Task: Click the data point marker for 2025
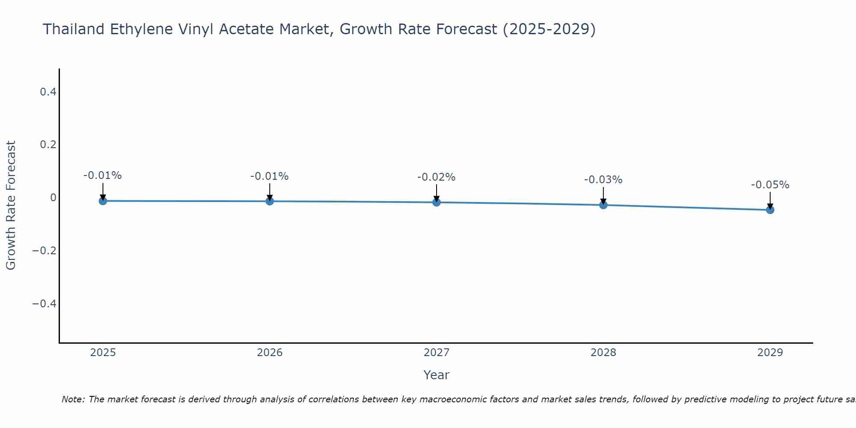[103, 201]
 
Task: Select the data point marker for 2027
[437, 202]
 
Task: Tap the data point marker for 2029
[770, 210]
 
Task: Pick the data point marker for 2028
[603, 205]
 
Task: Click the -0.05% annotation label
[770, 185]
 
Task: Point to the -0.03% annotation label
[603, 180]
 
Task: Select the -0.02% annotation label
[436, 177]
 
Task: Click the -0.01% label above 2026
[269, 176]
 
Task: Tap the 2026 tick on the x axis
[270, 353]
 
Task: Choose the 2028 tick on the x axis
[603, 353]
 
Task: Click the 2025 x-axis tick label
[103, 353]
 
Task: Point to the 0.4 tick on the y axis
[48, 92]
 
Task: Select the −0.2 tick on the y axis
[45, 250]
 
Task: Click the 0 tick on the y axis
[53, 197]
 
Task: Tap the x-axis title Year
[436, 375]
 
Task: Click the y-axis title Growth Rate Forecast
[11, 205]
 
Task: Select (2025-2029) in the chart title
[549, 29]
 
